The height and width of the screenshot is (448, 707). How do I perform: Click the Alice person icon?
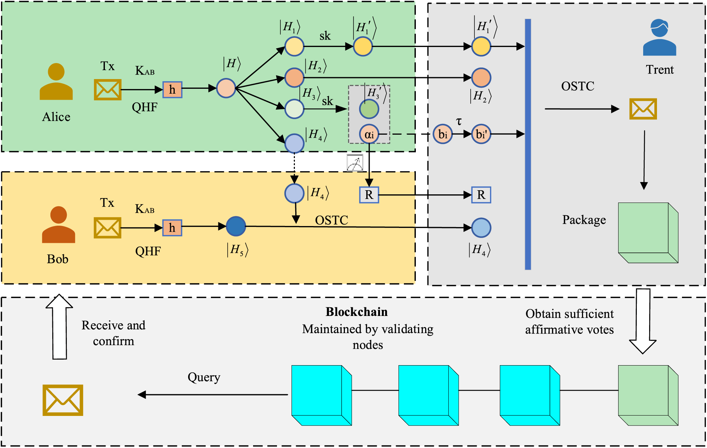56,82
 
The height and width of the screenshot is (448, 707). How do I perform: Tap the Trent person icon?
659,38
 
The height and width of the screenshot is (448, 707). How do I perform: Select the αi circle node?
369,134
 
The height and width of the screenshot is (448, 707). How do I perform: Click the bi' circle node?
481,134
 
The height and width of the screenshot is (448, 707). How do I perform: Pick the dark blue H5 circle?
236,226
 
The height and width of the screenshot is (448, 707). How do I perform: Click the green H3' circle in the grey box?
369,109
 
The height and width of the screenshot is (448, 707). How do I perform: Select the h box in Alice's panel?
172,90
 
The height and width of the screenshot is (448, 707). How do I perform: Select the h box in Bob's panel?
172,228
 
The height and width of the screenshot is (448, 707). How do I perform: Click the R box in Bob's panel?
369,195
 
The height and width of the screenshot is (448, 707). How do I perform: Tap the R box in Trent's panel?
481,195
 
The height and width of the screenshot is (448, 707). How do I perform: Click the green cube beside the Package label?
648,233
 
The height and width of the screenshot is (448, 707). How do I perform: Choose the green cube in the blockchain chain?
648,395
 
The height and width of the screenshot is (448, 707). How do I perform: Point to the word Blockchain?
356,312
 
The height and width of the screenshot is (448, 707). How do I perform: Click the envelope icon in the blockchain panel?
63,400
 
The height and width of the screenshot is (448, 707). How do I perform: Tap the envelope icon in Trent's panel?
643,109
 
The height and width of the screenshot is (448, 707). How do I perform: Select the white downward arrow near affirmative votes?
643,321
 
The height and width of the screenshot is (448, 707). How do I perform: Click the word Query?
204,377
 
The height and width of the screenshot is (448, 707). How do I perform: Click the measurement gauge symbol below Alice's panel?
355,163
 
